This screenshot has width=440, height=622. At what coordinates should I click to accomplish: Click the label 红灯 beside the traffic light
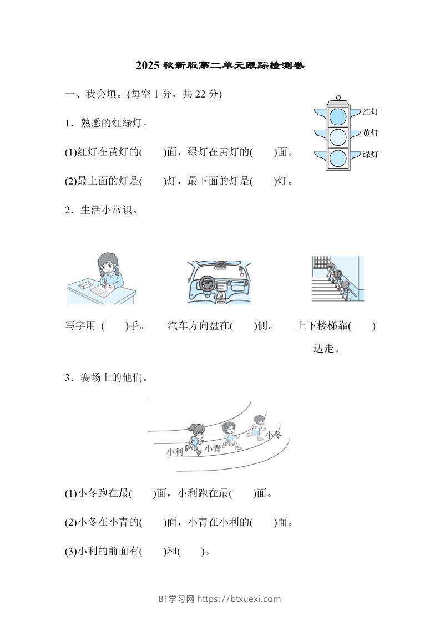click(370, 112)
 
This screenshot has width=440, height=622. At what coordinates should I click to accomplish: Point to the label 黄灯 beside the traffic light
click(370, 133)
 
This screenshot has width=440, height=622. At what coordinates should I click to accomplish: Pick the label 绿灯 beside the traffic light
click(370, 154)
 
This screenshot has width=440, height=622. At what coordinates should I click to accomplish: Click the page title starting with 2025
click(220, 65)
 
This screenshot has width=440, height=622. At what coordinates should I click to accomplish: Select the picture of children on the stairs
click(337, 279)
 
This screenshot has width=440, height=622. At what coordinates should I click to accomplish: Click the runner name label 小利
click(174, 452)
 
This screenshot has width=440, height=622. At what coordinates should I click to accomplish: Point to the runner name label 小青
click(212, 448)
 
